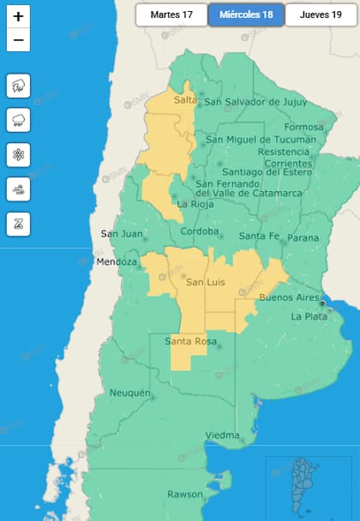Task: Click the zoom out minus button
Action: click(18, 39)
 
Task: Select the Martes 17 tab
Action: click(171, 15)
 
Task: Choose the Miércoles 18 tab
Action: click(245, 15)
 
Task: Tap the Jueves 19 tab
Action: click(321, 15)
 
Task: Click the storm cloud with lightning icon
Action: click(18, 86)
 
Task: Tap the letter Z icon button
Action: click(18, 224)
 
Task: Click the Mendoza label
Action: click(117, 261)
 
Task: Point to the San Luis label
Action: click(206, 282)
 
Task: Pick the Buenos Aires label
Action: click(289, 297)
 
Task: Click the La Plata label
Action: click(309, 316)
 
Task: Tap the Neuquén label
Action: click(130, 393)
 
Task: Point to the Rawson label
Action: click(185, 494)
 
